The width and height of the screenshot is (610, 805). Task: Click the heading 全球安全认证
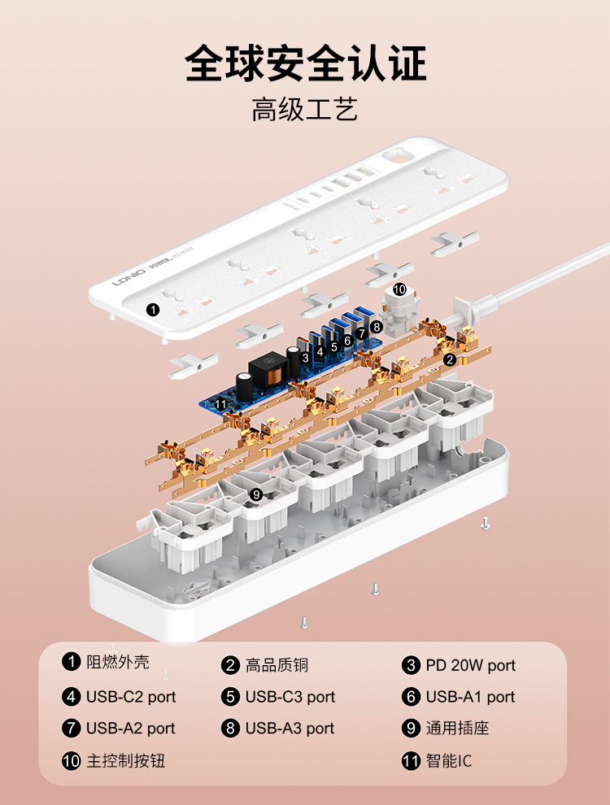click(x=305, y=63)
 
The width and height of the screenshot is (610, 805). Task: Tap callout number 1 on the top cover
click(x=152, y=309)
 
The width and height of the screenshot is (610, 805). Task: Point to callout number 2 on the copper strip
click(x=450, y=359)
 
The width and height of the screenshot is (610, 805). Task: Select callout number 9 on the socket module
click(x=255, y=494)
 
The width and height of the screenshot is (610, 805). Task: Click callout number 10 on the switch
click(x=399, y=289)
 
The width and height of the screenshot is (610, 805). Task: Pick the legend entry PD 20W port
click(x=470, y=665)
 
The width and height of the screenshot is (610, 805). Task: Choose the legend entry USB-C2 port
click(x=130, y=697)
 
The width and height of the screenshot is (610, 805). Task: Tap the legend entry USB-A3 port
click(x=290, y=729)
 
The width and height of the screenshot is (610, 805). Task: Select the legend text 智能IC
click(x=448, y=761)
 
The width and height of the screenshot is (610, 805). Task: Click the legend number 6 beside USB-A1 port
click(x=412, y=697)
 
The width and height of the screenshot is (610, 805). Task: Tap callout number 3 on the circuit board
click(x=305, y=357)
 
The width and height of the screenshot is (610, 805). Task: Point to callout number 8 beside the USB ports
click(x=376, y=326)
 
